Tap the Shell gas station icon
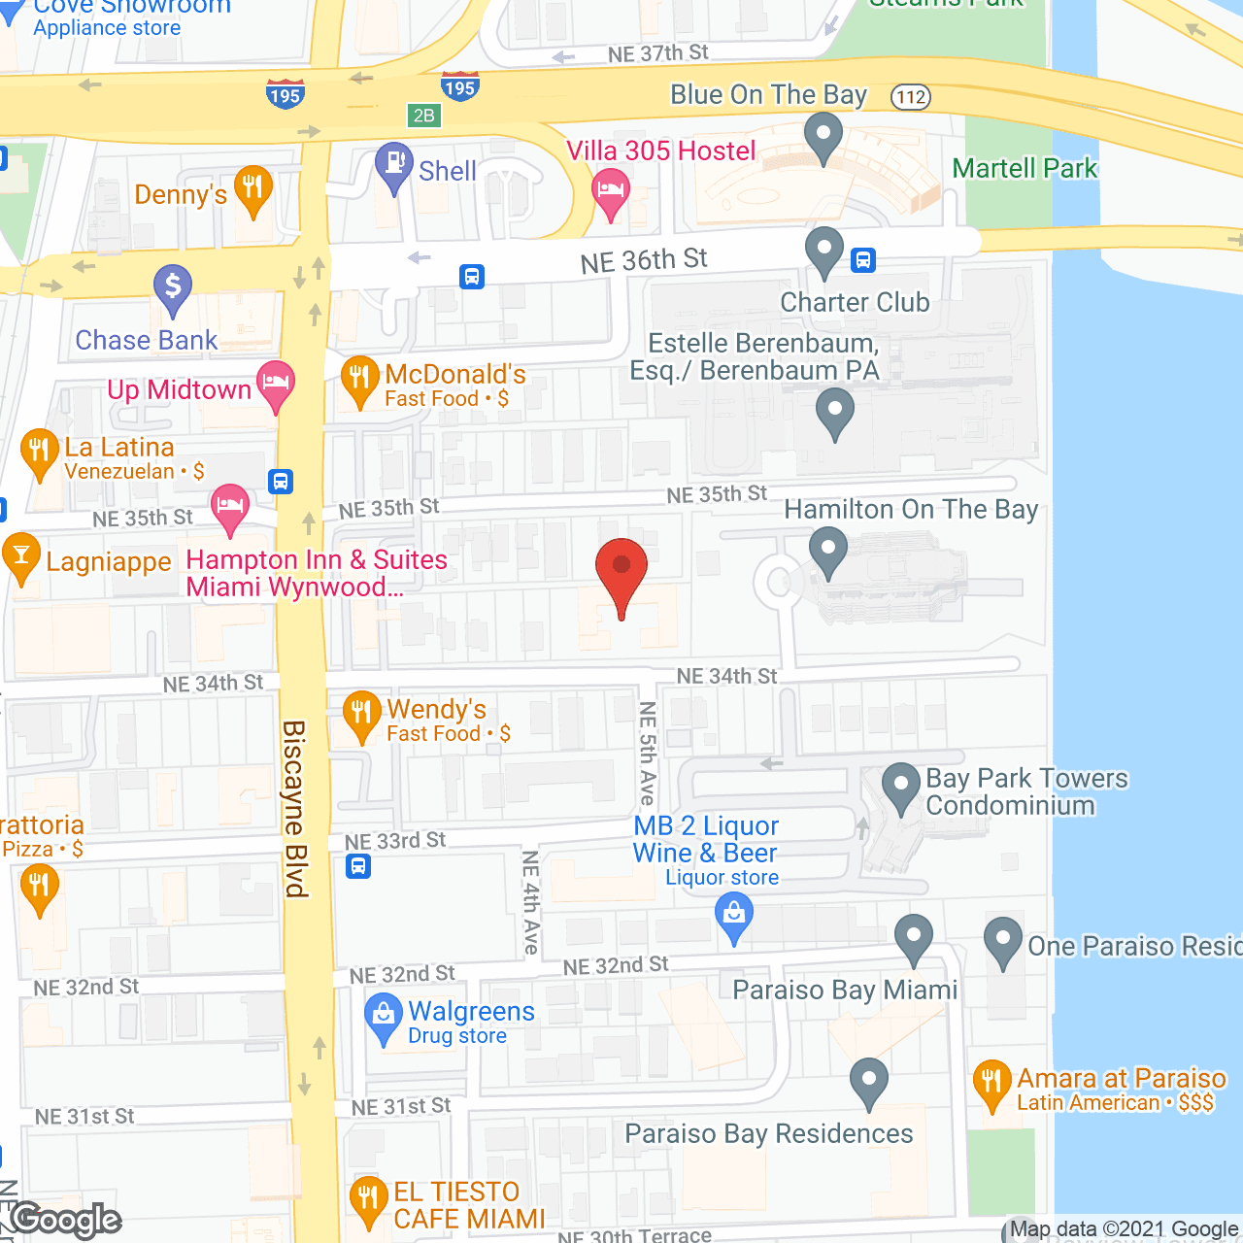(394, 165)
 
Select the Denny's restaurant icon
(252, 188)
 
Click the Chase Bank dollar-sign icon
(173, 288)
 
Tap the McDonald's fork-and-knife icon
(359, 380)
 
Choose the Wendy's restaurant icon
(361, 715)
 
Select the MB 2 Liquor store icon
(734, 917)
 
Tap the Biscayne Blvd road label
(294, 808)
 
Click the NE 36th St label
(644, 260)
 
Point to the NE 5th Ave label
(648, 754)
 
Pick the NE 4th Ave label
(530, 902)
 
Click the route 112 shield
(911, 97)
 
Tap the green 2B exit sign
(424, 116)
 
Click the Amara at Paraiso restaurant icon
(991, 1084)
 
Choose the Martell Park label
(1025, 169)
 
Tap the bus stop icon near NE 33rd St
(358, 865)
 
